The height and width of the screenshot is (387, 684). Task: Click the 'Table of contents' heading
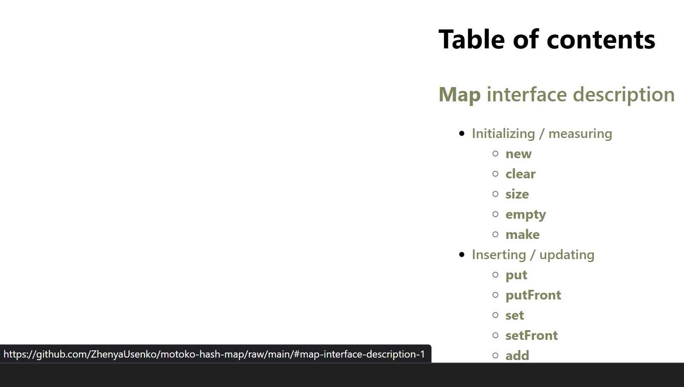(x=547, y=40)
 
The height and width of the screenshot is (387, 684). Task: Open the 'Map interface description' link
(x=556, y=95)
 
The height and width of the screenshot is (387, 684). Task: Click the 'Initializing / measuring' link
(x=542, y=134)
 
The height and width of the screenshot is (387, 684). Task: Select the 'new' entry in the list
(x=519, y=154)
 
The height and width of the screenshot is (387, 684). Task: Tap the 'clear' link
(x=521, y=174)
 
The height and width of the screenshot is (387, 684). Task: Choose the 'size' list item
(x=517, y=194)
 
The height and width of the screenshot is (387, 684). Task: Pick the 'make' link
(x=522, y=234)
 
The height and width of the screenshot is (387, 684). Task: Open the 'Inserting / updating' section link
(x=533, y=255)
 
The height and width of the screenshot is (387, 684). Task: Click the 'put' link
(x=516, y=275)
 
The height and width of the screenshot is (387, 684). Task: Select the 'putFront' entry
(x=533, y=295)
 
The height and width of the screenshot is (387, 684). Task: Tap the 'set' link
(x=514, y=315)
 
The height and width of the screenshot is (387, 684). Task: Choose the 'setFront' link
(x=532, y=335)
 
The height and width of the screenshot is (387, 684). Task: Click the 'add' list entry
(x=517, y=355)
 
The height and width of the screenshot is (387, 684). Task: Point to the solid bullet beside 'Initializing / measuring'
(x=462, y=133)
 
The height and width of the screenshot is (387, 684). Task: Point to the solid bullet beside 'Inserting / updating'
(x=462, y=254)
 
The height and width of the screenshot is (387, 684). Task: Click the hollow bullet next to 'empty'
(x=495, y=214)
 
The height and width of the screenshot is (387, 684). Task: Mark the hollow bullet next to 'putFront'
(x=495, y=295)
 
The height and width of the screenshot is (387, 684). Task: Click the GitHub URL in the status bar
(x=214, y=354)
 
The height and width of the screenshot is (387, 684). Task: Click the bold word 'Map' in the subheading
(x=460, y=95)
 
